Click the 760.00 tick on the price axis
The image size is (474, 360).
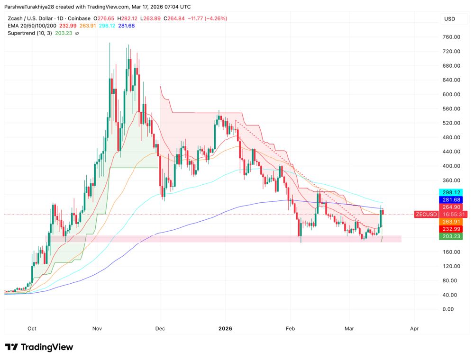tap(451, 37)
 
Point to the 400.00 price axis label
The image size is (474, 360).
tap(451, 166)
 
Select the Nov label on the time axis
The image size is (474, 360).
tap(97, 328)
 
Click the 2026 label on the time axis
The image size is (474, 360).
tap(225, 328)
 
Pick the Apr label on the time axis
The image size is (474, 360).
tap(414, 328)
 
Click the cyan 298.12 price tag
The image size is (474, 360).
tap(451, 192)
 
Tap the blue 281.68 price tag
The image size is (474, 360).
tap(451, 199)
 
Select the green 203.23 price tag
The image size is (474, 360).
tap(451, 236)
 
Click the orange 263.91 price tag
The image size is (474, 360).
tap(451, 222)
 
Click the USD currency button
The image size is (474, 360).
tap(449, 19)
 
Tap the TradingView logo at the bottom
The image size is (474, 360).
tap(39, 347)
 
